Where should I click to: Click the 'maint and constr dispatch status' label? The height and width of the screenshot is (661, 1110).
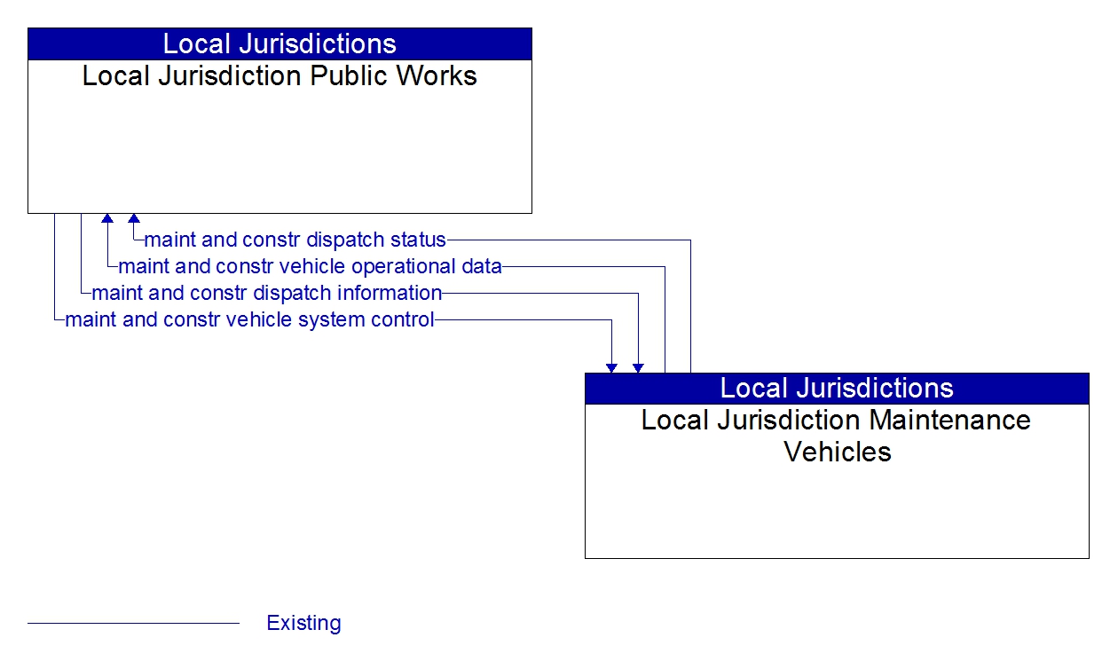(295, 240)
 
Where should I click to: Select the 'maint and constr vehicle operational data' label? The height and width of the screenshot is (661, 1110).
(310, 266)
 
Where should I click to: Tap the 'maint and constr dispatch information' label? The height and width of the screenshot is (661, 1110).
(266, 293)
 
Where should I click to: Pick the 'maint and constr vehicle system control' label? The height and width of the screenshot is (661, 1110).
(249, 319)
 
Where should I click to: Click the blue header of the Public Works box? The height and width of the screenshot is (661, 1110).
(279, 43)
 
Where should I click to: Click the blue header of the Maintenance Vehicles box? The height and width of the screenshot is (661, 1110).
(837, 388)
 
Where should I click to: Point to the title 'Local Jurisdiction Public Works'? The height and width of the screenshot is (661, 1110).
(279, 76)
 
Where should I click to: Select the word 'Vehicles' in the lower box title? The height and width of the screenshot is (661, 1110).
(837, 452)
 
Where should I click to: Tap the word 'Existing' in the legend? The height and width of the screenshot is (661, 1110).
(303, 623)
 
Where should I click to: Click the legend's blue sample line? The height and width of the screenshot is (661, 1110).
(133, 623)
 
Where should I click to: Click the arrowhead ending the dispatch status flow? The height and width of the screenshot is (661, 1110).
(133, 218)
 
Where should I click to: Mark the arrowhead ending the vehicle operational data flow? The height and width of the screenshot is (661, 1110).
(107, 218)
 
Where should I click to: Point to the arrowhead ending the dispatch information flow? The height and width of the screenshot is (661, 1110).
(638, 367)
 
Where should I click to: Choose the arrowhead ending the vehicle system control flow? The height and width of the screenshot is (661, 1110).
(611, 367)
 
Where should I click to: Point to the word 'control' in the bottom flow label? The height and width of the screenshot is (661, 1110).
(405, 319)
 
